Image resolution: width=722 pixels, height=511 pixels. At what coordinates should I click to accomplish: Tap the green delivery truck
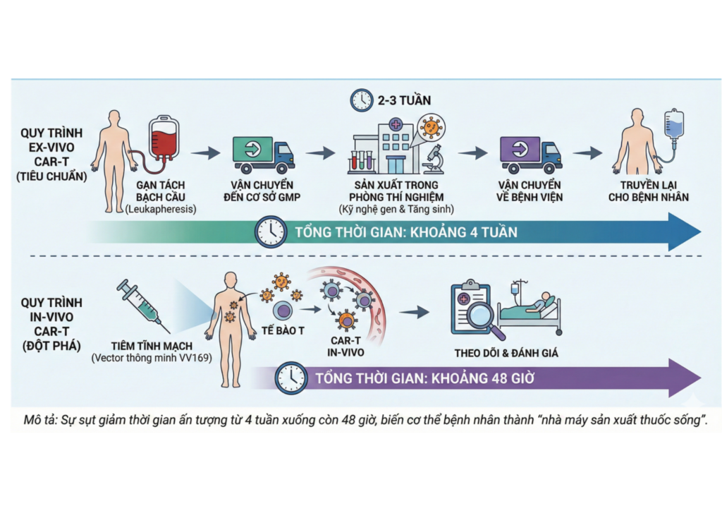[263, 155]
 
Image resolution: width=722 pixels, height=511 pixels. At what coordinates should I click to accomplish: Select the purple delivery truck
[530, 155]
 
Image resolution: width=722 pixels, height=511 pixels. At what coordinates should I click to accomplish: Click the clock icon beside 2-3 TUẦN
[362, 100]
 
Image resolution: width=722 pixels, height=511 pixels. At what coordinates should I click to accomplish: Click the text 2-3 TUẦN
[403, 100]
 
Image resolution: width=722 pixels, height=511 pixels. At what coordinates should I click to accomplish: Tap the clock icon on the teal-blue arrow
[270, 232]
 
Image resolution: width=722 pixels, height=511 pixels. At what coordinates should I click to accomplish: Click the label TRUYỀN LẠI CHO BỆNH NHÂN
[649, 191]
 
